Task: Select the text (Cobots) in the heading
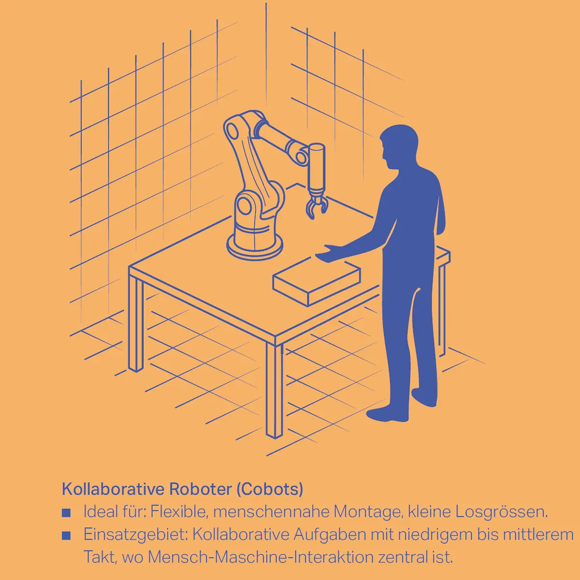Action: [269, 489]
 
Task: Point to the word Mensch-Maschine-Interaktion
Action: [261, 557]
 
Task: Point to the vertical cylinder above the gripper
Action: [317, 167]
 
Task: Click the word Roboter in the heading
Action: [200, 489]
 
